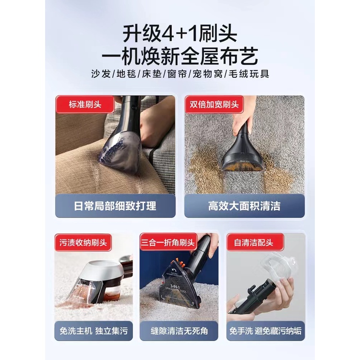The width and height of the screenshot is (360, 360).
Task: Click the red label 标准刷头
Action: (x=85, y=105)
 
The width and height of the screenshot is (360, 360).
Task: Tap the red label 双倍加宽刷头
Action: (x=214, y=105)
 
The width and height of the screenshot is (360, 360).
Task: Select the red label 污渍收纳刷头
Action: (x=83, y=242)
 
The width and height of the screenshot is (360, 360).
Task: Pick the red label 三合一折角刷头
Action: (x=168, y=242)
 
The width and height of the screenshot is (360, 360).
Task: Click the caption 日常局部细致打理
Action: (x=115, y=206)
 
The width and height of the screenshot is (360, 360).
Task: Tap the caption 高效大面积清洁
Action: (x=244, y=206)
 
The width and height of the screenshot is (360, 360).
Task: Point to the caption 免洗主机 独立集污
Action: (x=94, y=331)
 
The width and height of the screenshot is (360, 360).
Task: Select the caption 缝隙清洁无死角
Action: (x=179, y=331)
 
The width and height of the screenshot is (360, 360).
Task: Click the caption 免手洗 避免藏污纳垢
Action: (x=265, y=331)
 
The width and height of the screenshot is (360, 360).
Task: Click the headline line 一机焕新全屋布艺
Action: (x=180, y=56)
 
